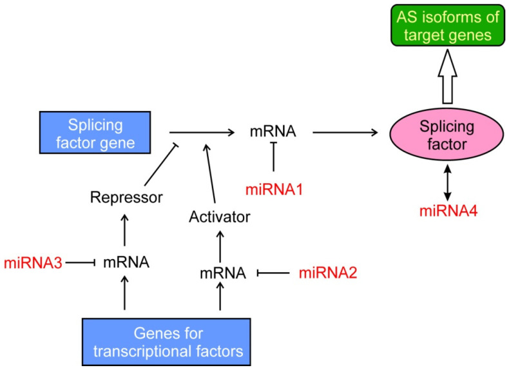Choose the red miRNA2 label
(x=327, y=273)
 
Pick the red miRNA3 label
(x=31, y=262)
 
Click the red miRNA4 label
(x=445, y=211)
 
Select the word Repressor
(x=126, y=198)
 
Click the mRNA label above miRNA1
(x=273, y=132)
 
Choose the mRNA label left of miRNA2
(x=222, y=273)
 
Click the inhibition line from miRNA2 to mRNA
(x=272, y=273)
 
